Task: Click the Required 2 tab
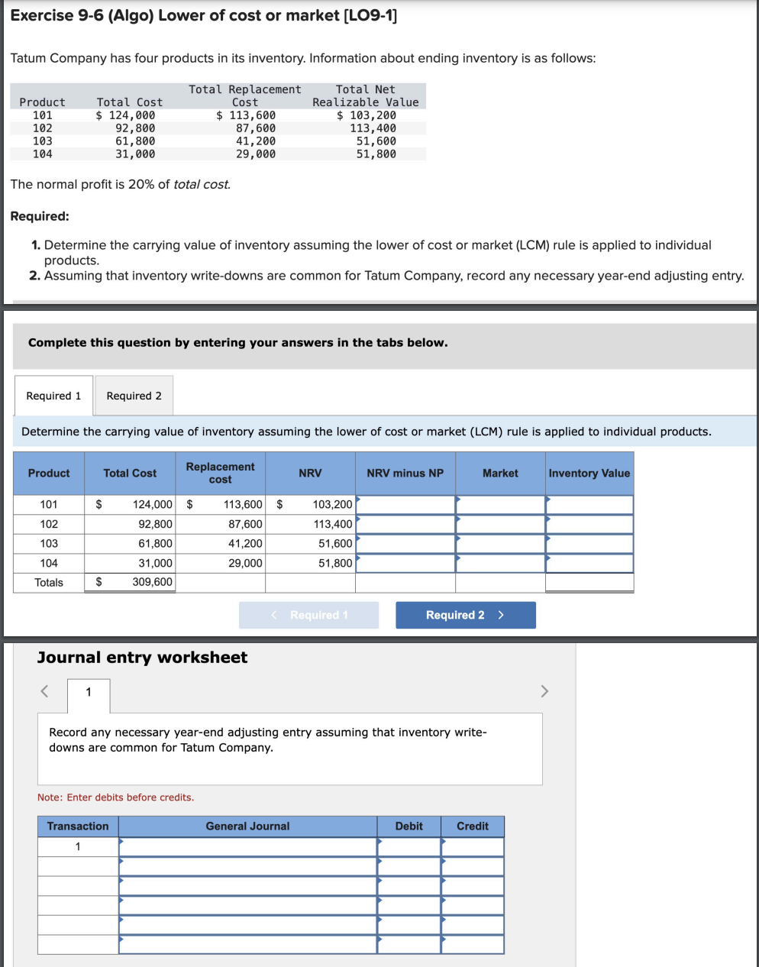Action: click(x=134, y=396)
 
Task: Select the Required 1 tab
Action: click(x=53, y=396)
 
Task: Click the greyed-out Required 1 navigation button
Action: click(x=309, y=615)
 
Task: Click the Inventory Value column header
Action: click(x=589, y=474)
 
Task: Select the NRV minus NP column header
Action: click(x=405, y=474)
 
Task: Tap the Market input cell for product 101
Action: click(x=500, y=505)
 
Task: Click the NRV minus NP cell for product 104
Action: click(x=405, y=563)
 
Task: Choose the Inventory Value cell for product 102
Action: click(x=589, y=524)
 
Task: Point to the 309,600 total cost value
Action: click(x=152, y=582)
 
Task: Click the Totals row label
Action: click(x=49, y=582)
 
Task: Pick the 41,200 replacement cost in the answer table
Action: click(x=244, y=543)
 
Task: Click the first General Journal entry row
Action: click(x=247, y=847)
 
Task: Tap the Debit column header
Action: click(x=409, y=826)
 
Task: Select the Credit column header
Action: click(x=472, y=826)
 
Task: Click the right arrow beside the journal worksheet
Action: click(x=544, y=691)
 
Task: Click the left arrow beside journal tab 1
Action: click(x=44, y=691)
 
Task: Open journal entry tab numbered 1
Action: click(x=89, y=693)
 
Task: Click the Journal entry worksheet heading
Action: click(x=142, y=658)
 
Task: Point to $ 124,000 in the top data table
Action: click(x=125, y=115)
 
